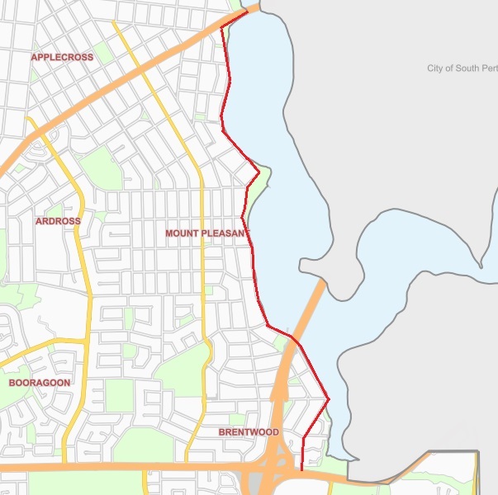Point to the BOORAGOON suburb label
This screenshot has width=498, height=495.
click(40, 383)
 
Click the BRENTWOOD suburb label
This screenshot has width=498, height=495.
click(249, 432)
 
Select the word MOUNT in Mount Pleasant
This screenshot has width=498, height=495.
click(182, 233)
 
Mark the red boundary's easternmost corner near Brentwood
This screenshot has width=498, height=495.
click(329, 400)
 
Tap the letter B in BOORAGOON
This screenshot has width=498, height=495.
click(12, 383)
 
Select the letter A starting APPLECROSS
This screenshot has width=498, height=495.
click(34, 57)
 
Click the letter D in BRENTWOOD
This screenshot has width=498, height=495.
click(275, 432)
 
